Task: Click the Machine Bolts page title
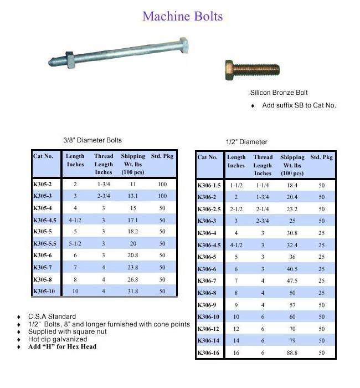tap(182, 16)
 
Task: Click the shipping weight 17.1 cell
tap(133, 220)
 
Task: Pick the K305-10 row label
tap(45, 291)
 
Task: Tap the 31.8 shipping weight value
tap(133, 291)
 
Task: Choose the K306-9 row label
tap(208, 305)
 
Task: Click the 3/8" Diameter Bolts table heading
tap(92, 140)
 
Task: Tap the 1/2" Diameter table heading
tap(246, 142)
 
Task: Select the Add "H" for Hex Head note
tap(62, 346)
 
